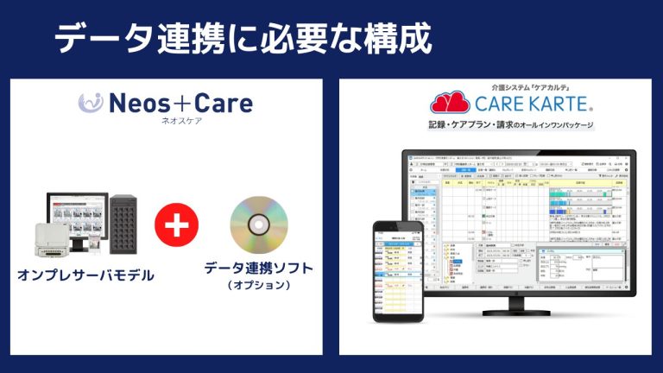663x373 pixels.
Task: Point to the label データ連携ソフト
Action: point(258,269)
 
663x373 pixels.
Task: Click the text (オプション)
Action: point(258,285)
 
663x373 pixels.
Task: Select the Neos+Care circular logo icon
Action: point(91,103)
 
